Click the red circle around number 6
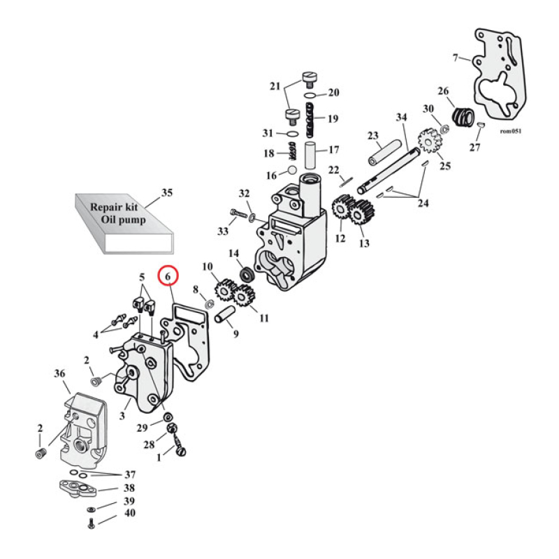pyautogui.click(x=168, y=277)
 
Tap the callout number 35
pyautogui.click(x=166, y=193)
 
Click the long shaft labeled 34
pyautogui.click(x=392, y=168)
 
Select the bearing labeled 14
pyautogui.click(x=246, y=273)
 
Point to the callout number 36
pyautogui.click(x=59, y=375)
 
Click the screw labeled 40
pyautogui.click(x=92, y=524)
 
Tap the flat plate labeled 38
pyautogui.click(x=78, y=487)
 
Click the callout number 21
pyautogui.click(x=274, y=87)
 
